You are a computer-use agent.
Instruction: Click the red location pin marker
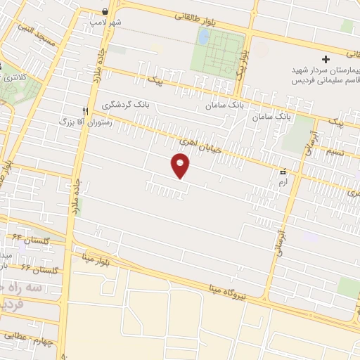[180, 165]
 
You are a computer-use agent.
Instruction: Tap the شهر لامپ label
[105, 22]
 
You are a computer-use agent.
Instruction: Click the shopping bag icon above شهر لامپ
[105, 11]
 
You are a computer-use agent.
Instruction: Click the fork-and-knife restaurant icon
[85, 110]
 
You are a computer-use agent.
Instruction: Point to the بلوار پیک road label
[240, 63]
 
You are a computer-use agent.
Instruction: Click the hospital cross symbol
[326, 59]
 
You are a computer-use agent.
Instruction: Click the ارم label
[283, 181]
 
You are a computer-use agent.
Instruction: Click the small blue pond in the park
[203, 36]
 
